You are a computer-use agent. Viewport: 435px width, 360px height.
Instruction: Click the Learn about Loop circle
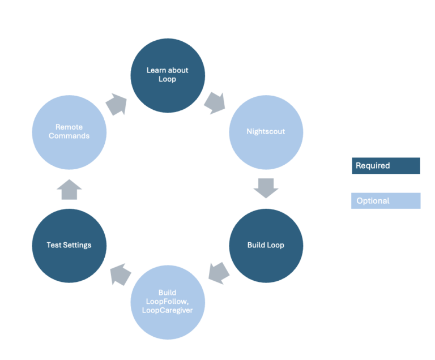tap(168, 75)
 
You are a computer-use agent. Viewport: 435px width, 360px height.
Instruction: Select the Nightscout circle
tap(266, 131)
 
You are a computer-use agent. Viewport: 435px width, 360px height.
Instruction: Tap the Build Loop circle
tap(266, 245)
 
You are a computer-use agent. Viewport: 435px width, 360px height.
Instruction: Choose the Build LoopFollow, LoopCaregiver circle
tap(168, 301)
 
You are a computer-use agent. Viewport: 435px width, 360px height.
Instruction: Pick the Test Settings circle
tap(69, 245)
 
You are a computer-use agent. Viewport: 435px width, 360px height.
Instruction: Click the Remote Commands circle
tap(69, 131)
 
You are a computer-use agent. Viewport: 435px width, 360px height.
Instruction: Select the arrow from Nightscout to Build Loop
tap(266, 188)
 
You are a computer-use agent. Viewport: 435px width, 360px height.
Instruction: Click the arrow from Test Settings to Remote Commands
tap(69, 190)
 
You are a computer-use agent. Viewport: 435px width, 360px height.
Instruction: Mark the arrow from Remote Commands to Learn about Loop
tap(117, 105)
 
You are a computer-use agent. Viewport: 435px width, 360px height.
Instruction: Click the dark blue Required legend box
tap(386, 166)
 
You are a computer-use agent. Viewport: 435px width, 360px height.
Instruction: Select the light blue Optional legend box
tap(386, 201)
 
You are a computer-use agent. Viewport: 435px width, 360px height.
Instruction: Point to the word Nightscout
tap(266, 131)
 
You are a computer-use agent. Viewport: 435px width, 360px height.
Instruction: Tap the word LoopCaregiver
tap(168, 310)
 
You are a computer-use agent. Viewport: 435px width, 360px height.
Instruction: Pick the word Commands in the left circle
tap(69, 136)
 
